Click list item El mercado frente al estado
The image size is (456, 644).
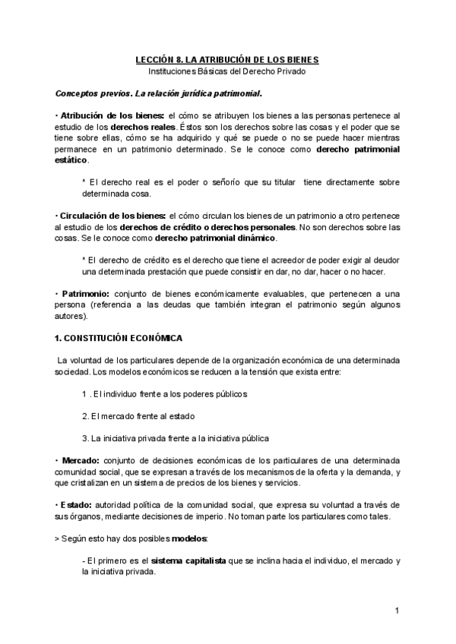coord(138,416)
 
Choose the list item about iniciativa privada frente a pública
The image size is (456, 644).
coord(175,438)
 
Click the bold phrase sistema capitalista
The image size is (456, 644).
coord(188,561)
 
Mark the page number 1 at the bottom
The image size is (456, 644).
coord(397,611)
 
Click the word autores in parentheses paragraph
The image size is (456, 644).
coord(73,315)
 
